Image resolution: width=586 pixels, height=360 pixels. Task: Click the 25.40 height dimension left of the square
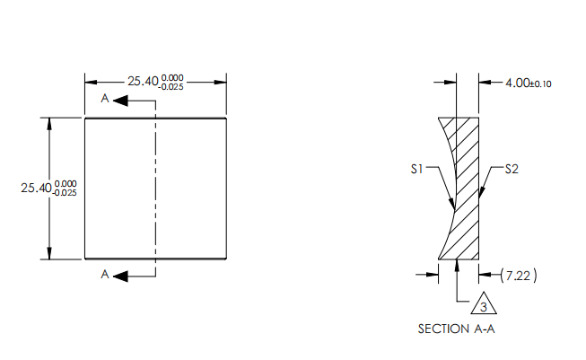(36, 189)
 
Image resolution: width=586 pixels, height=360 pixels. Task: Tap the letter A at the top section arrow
(106, 99)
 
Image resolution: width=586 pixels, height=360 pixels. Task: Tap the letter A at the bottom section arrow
(106, 276)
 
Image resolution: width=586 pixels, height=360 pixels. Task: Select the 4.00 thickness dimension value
(518, 83)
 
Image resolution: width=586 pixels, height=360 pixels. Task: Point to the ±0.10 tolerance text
(541, 84)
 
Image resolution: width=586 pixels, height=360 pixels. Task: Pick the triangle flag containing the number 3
(483, 303)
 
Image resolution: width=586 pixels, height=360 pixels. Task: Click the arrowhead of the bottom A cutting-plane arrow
(120, 276)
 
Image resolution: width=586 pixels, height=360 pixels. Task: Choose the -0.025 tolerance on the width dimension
(172, 86)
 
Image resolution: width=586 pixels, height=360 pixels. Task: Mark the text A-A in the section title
(484, 329)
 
